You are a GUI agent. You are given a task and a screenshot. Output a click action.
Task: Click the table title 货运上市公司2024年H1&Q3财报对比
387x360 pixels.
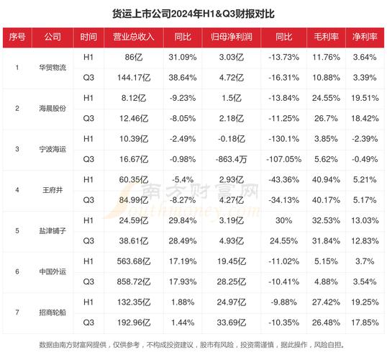(193, 14)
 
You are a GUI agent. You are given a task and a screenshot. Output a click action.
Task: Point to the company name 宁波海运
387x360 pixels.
(52, 149)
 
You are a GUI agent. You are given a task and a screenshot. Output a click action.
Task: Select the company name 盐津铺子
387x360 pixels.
(52, 231)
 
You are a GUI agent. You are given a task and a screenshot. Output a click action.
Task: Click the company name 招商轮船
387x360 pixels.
(52, 312)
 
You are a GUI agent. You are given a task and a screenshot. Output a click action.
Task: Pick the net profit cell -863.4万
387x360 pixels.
(224, 159)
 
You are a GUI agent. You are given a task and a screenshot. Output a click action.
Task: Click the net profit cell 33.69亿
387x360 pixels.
(224, 323)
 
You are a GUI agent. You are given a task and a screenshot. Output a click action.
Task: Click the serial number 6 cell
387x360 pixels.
(17, 271)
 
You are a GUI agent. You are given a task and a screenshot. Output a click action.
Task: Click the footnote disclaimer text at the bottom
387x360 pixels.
(193, 346)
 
